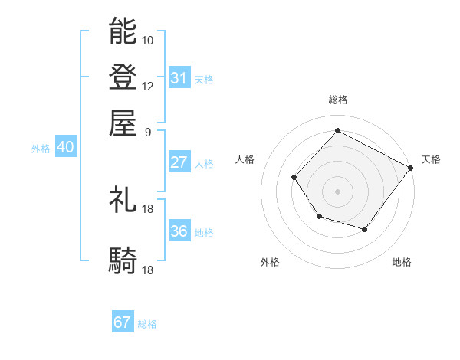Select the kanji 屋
tap(123, 123)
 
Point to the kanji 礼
tap(123, 200)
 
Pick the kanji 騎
tap(123, 261)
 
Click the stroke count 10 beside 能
tap(148, 40)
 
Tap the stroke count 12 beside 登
tap(148, 86)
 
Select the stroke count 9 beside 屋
tap(147, 131)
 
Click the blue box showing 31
tap(179, 78)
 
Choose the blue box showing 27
tap(179, 162)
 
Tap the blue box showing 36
tap(179, 231)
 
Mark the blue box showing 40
tap(65, 147)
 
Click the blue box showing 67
tap(123, 322)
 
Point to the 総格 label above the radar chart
tap(338, 100)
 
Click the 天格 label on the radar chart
tap(431, 159)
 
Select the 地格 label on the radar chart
tap(402, 263)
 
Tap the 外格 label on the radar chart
tap(270, 263)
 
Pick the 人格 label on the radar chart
tap(245, 159)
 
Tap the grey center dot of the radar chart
tap(338, 191)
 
